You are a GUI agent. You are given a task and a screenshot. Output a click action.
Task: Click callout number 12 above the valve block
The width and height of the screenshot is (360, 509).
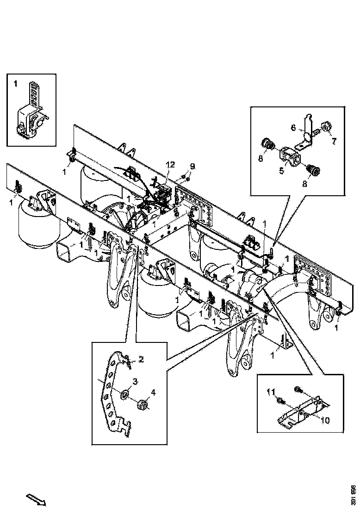click(171, 164)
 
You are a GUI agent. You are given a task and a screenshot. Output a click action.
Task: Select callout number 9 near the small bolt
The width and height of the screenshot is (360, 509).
click(192, 166)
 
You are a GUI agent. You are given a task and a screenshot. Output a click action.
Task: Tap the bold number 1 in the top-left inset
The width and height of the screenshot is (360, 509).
click(15, 84)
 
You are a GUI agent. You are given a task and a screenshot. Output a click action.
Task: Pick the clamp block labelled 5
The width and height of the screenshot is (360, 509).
click(290, 155)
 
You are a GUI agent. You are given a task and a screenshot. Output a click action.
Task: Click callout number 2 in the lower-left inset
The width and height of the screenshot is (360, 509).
click(141, 359)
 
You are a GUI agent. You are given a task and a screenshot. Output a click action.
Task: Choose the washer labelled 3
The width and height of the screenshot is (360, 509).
click(125, 394)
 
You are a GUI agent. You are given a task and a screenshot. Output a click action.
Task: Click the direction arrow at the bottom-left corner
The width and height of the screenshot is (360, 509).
click(36, 499)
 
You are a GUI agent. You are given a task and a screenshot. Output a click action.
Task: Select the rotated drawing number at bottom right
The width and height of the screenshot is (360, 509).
click(353, 494)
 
